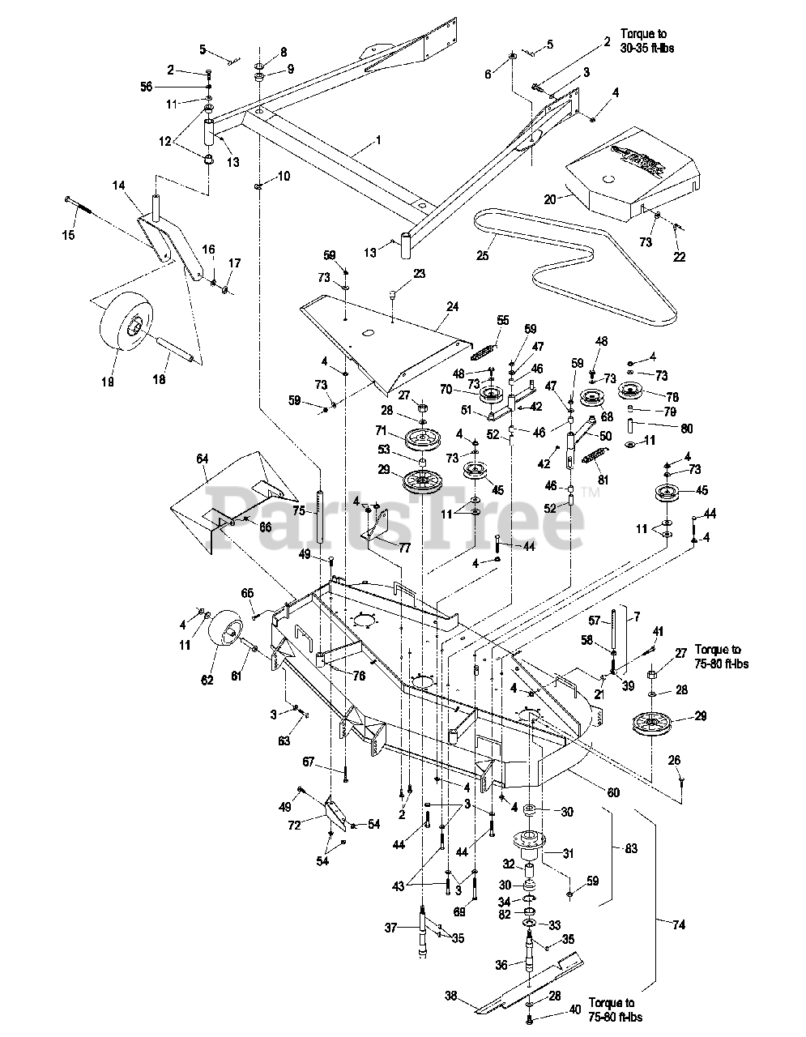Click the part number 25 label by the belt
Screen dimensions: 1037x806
click(x=483, y=256)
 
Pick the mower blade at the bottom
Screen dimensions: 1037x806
click(x=551, y=984)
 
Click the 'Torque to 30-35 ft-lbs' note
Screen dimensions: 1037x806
click(x=647, y=41)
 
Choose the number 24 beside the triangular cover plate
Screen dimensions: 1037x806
click(x=451, y=307)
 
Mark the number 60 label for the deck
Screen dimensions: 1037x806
click(x=612, y=792)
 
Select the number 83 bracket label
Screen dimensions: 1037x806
click(x=632, y=848)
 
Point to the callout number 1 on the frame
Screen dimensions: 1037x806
click(x=377, y=140)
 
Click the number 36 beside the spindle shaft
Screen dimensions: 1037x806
click(x=500, y=966)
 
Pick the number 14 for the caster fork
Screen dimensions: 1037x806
click(x=118, y=186)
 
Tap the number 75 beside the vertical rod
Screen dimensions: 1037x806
click(x=298, y=511)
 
